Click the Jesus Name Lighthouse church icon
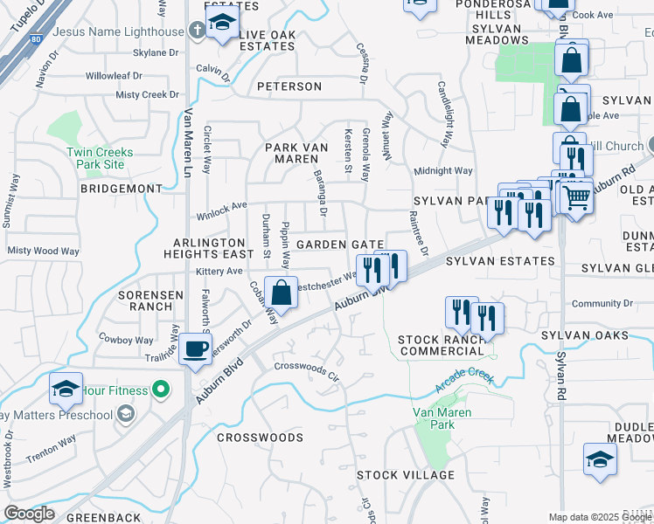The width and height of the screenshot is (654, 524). coord(198,31)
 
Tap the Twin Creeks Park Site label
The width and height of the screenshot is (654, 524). coord(101,158)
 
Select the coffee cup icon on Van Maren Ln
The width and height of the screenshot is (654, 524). coord(195,348)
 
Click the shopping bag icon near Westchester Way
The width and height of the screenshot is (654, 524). coord(282,292)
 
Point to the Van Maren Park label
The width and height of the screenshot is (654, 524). coord(442,418)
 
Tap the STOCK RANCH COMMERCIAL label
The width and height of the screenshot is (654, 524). coord(441,344)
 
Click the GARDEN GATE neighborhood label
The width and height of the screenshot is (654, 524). coord(340,245)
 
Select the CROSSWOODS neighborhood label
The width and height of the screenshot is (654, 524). coord(260,437)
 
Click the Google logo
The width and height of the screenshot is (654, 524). coord(29,514)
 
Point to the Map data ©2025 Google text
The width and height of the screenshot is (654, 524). coord(600,517)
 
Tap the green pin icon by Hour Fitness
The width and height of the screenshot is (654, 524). coord(160,389)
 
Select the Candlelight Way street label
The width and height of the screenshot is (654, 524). coord(445,114)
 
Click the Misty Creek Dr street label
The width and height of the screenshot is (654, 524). coord(148,94)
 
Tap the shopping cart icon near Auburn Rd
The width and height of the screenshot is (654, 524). coord(576,197)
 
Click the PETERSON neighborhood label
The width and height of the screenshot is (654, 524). coord(289,86)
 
